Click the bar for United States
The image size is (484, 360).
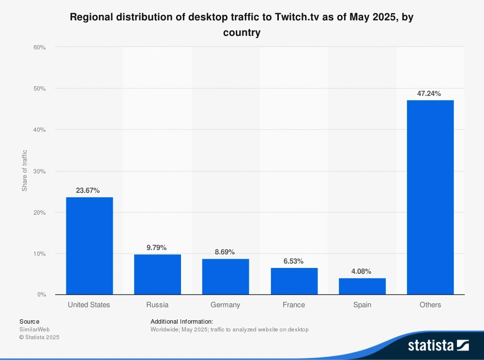tap(90, 246)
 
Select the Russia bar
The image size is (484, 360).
tap(157, 274)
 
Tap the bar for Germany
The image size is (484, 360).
tap(226, 277)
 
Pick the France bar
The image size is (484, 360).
tap(294, 281)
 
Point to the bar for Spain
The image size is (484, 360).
tap(362, 286)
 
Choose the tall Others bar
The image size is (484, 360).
tap(430, 197)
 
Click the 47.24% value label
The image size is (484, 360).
tap(430, 94)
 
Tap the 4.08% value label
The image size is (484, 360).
tap(362, 271)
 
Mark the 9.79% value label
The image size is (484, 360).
tap(157, 248)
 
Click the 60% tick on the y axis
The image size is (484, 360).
tap(39, 47)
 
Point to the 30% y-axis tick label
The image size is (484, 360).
tap(39, 171)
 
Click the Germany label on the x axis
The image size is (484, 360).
tap(226, 305)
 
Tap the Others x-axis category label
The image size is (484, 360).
tap(430, 305)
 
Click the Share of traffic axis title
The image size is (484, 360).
tap(24, 171)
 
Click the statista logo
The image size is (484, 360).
tap(438, 345)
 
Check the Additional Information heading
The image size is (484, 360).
tap(181, 321)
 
